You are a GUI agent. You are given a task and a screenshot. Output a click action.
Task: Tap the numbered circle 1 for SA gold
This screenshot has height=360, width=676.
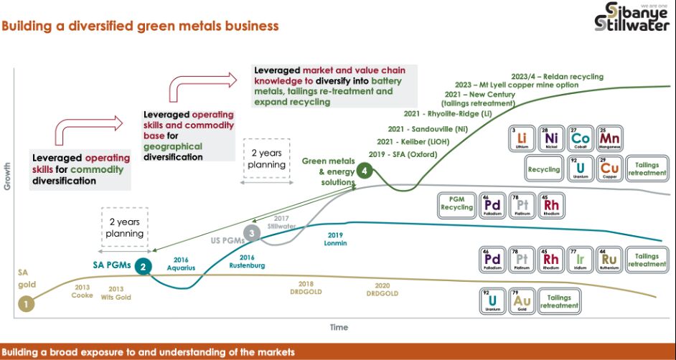pyautogui.click(x=26, y=303)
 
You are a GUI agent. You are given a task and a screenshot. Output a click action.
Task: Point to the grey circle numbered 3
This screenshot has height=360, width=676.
pyautogui.click(x=250, y=232)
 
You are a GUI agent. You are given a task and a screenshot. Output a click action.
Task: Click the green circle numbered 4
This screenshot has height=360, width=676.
pyautogui.click(x=365, y=171)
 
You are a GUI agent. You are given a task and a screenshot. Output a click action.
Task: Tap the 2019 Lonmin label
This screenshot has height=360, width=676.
pyautogui.click(x=336, y=239)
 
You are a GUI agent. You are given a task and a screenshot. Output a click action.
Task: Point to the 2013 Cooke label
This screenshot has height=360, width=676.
pyautogui.click(x=83, y=290)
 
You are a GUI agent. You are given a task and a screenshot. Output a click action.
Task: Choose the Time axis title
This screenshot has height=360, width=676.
pyautogui.click(x=339, y=327)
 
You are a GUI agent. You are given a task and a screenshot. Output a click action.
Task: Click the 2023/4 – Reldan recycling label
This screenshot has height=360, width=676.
pyautogui.click(x=557, y=77)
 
